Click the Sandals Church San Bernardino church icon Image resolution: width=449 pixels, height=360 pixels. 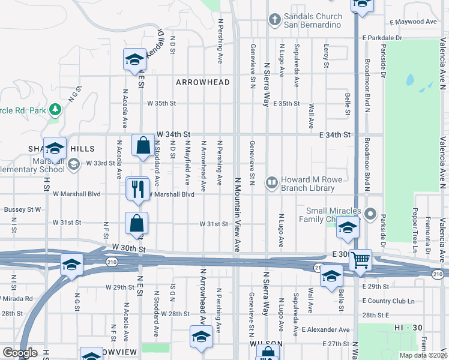[275, 20]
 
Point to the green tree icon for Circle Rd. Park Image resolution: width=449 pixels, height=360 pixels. [55, 109]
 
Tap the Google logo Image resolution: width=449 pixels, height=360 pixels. [20, 352]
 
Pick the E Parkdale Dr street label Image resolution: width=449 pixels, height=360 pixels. [382, 38]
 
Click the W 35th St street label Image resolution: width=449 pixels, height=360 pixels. [161, 103]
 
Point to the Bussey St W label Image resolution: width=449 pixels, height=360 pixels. [22, 209]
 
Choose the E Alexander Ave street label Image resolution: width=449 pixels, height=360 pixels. [325, 329]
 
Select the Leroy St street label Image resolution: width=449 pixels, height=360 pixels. [327, 55]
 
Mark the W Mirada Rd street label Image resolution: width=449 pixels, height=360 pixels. [16, 298]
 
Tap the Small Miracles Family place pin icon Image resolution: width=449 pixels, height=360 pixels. [370, 214]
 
